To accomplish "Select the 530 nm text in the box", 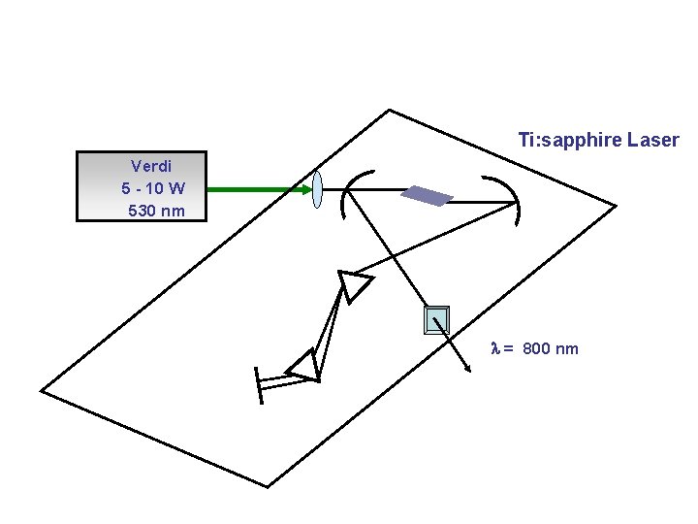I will [x=156, y=210].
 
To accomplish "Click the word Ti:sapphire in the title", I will [x=570, y=141].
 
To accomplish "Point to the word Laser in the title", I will [x=653, y=141].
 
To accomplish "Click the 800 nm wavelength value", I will [x=550, y=348].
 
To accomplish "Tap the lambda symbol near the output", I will [x=496, y=348].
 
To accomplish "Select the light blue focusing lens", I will [x=317, y=189].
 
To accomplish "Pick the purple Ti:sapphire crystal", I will [x=428, y=195].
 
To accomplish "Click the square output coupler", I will [x=437, y=319].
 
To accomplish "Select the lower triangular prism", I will [x=304, y=366].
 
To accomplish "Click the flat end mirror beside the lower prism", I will [x=258, y=385].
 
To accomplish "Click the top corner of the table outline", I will [x=389, y=110].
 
